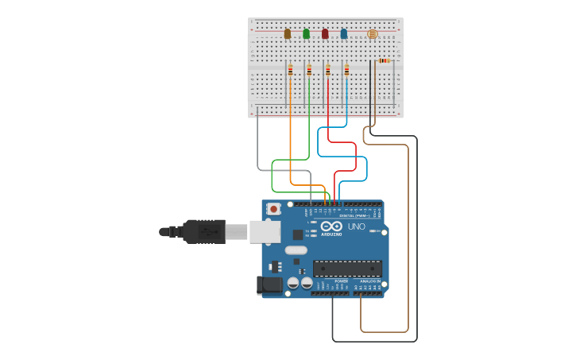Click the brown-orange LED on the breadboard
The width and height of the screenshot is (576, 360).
coord(288,34)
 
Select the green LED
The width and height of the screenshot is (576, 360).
coord(306,34)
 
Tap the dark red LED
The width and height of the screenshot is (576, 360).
coord(325,34)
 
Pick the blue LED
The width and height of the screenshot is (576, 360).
coord(343,34)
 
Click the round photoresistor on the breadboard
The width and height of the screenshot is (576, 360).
coord(373,34)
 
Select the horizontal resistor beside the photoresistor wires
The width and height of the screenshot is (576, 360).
coord(385,60)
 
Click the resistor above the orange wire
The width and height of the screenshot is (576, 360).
coord(290,71)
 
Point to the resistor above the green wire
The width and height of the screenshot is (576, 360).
coord(309,71)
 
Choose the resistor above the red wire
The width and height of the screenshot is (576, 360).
coord(327,71)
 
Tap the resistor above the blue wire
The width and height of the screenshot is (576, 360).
coord(346,71)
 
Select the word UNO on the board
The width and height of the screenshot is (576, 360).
coord(357,226)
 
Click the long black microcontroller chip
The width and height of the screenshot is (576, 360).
coord(347,269)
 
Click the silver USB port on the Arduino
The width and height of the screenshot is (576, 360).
coord(265,231)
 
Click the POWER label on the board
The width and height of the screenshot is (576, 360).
coord(341,281)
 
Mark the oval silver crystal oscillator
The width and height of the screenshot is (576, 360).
coord(294,250)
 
